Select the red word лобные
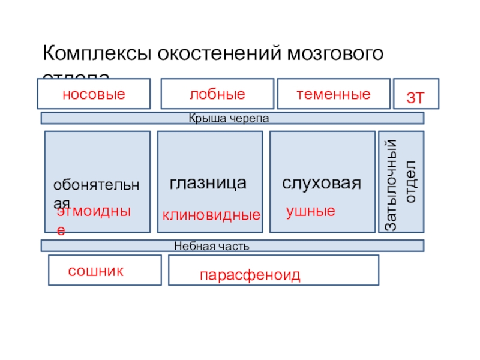coord(217,94)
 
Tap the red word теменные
coord(334,94)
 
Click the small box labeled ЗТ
coord(416,96)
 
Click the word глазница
coord(208,184)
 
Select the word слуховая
coord(322,184)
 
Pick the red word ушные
coord(310,211)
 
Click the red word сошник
coord(96,271)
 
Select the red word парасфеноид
coord(250,275)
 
